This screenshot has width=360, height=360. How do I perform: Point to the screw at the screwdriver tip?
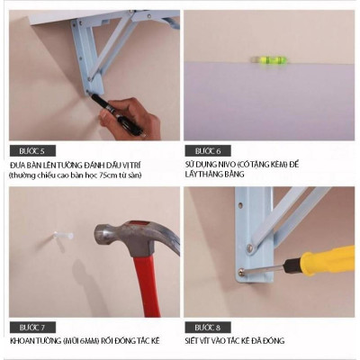click(x=240, y=272)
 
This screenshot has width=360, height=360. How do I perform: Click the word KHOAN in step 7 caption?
click(x=22, y=341)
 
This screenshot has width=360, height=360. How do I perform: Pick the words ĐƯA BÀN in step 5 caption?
click(x=25, y=166)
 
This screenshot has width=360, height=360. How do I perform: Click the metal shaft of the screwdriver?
click(x=265, y=269)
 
